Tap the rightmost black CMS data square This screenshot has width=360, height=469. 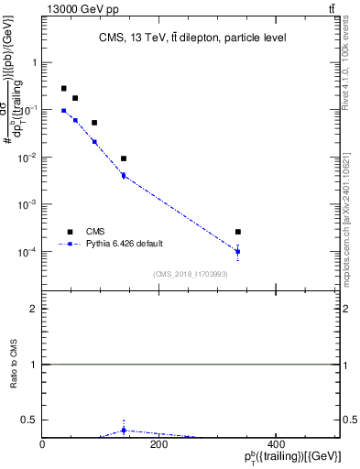237,232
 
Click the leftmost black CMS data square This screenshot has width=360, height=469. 64,89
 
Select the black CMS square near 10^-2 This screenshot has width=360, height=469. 124,158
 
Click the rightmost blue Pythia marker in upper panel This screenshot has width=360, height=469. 237,251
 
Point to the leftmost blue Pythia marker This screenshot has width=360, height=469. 64,111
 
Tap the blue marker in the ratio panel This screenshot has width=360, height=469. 124,430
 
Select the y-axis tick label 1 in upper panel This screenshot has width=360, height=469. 34,63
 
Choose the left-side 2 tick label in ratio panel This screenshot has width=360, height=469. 34,309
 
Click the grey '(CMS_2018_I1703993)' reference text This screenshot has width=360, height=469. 191,273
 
